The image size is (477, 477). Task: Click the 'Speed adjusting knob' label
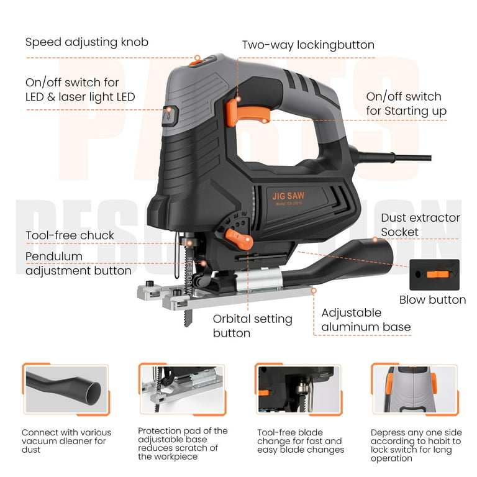(x=87, y=42)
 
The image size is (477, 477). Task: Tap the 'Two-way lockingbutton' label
(x=308, y=45)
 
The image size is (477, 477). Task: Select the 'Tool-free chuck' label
(x=70, y=235)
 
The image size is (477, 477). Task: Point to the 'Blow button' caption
(x=432, y=299)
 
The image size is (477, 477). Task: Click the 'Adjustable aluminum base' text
(x=365, y=320)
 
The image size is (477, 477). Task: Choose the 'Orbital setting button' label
(x=252, y=326)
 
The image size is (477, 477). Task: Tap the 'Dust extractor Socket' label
(x=420, y=225)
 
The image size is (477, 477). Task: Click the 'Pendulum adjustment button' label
(x=78, y=263)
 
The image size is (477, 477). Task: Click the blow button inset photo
(x=434, y=275)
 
